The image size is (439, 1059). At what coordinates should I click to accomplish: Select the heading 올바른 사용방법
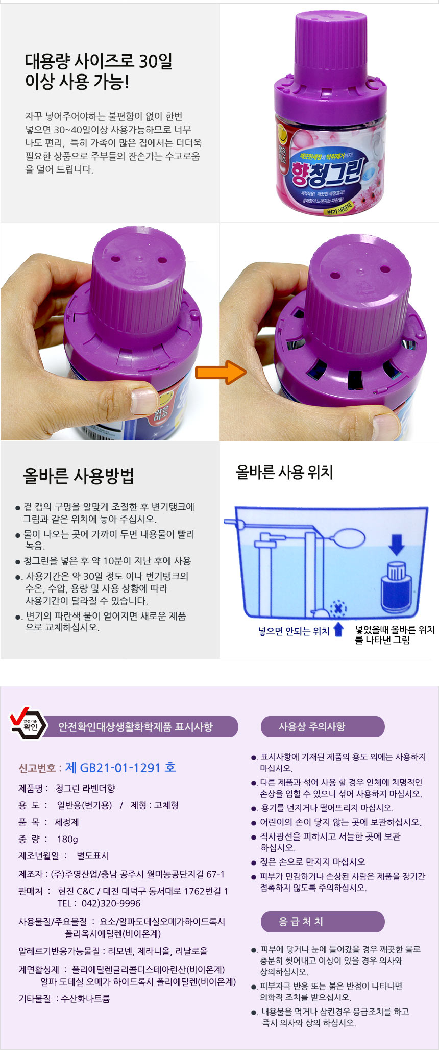[79, 475]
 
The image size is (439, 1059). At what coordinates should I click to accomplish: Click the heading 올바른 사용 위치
[284, 472]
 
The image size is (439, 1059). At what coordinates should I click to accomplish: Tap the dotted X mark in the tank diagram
[338, 608]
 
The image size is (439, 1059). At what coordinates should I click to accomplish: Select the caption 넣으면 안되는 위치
[294, 631]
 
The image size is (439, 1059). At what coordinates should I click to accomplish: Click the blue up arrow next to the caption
[338, 630]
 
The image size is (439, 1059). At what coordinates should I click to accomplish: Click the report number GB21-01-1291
[120, 768]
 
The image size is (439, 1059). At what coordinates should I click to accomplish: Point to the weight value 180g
[67, 839]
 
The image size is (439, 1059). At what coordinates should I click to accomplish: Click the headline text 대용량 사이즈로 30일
[99, 61]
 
